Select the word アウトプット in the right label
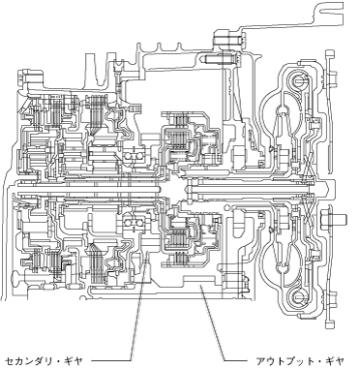point(284,360)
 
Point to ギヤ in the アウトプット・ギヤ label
point(335,360)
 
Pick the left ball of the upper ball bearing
point(129,156)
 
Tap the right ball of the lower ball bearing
point(139,223)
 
